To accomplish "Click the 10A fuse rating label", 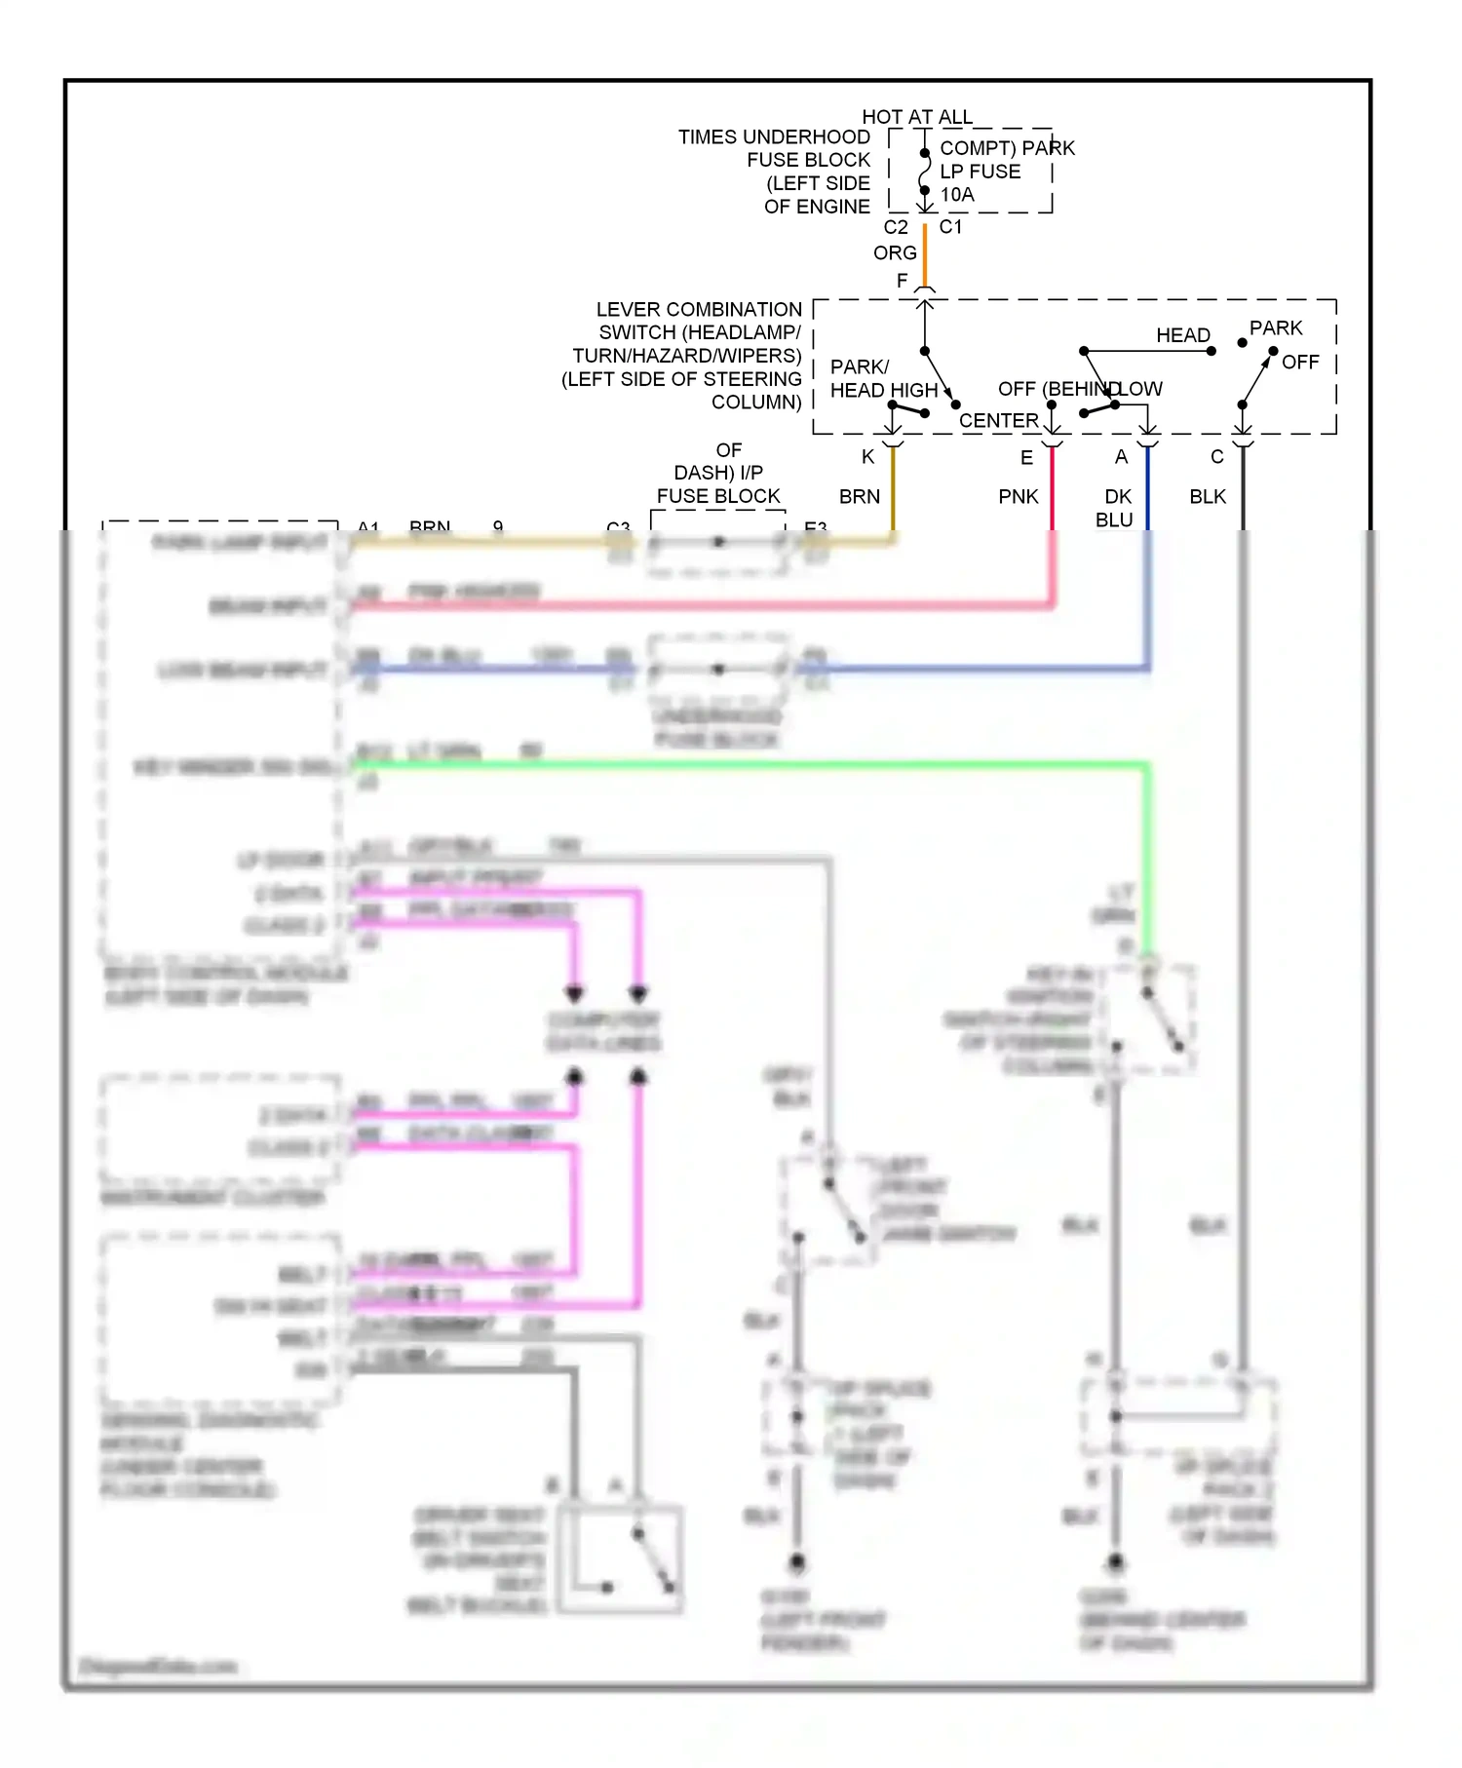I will point(956,195).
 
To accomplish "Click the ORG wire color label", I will point(894,252).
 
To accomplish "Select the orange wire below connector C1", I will point(924,255).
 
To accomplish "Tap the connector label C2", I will point(895,227).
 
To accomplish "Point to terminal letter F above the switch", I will point(902,281).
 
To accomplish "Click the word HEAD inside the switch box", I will point(1182,335).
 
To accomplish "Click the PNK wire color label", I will point(1018,497).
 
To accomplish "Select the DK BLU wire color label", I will point(1115,508).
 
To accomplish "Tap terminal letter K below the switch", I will point(867,457).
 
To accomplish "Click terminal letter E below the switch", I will point(1025,458).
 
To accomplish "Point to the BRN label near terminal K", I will point(859,497).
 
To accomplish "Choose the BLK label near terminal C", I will point(1207,497).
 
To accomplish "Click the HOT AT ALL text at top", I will point(916,117).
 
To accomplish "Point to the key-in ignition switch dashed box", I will point(1150,1019).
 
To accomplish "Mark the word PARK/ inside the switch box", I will point(859,367).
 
